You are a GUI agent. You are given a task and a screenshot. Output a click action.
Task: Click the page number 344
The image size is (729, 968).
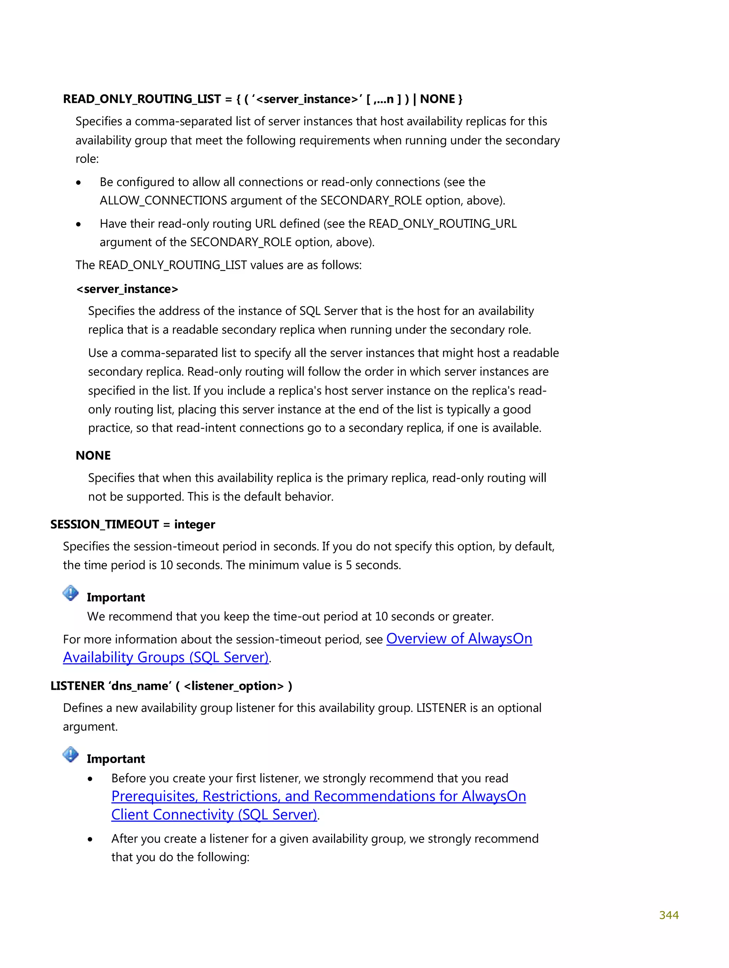[x=668, y=915]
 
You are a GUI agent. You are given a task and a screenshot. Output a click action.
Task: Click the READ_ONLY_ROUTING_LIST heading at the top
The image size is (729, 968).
[x=142, y=99]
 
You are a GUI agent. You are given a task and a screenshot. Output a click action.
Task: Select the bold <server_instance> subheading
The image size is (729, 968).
[x=127, y=289]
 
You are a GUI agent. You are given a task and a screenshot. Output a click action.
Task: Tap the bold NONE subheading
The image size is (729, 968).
[x=93, y=456]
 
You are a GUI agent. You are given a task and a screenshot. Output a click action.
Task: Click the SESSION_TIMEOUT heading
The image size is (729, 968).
[x=105, y=524]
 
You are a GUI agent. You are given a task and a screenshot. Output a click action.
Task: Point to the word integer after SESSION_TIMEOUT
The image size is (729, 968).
[x=195, y=524]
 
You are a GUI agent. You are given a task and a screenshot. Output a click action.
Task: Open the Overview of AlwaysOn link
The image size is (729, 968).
[x=459, y=639]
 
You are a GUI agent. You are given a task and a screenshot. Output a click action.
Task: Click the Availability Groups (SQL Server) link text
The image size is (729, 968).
[x=166, y=658]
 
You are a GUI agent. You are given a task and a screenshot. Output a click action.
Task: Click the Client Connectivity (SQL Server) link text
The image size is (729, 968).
[x=214, y=815]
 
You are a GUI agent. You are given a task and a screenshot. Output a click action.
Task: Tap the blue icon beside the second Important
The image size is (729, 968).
[x=70, y=755]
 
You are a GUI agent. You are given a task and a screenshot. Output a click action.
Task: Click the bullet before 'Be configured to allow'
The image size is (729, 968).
[x=78, y=183]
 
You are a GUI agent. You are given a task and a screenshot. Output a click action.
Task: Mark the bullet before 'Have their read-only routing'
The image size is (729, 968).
[x=78, y=224]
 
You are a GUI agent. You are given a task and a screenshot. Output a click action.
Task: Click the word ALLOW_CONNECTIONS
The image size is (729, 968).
[x=163, y=201]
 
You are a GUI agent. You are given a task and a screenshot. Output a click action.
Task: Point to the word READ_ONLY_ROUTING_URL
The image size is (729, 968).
[x=442, y=224]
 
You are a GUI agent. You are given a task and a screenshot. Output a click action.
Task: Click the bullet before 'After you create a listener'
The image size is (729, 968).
[x=90, y=839]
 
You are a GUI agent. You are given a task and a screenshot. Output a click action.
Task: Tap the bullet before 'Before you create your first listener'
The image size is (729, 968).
[x=90, y=779]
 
